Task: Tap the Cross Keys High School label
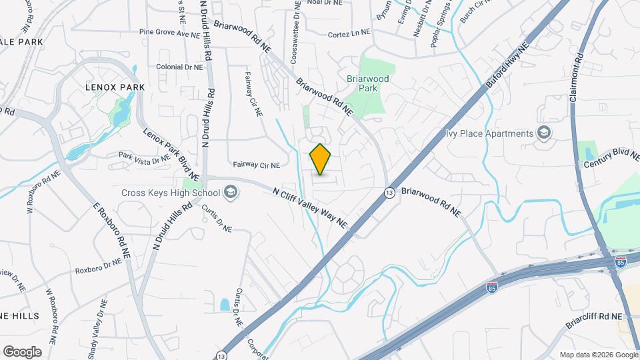[170, 193]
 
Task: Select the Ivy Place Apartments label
[491, 133]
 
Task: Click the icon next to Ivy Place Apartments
[544, 133]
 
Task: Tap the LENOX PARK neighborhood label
[106, 87]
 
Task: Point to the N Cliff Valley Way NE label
[310, 206]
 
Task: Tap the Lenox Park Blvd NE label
[171, 153]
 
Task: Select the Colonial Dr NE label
[179, 67]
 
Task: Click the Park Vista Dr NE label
[143, 158]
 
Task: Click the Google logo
[22, 351]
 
